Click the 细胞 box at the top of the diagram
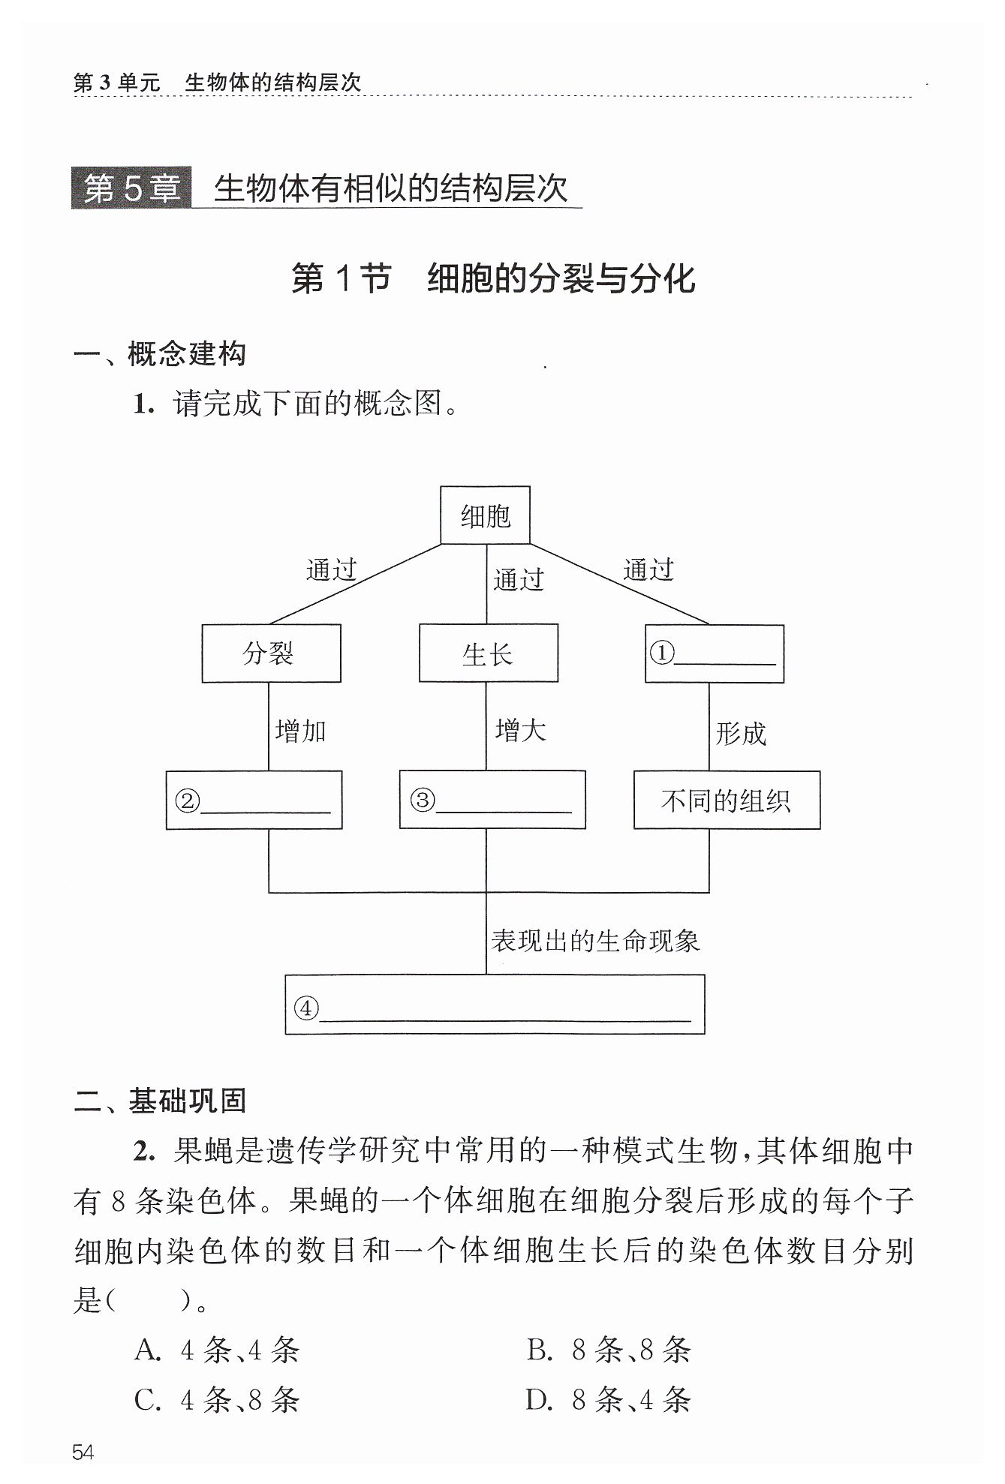pyautogui.click(x=485, y=515)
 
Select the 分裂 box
pyautogui.click(x=271, y=653)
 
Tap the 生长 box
pyautogui.click(x=488, y=653)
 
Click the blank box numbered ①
pyautogui.click(x=715, y=653)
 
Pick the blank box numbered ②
pyautogui.click(x=254, y=800)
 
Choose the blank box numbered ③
pyautogui.click(x=492, y=800)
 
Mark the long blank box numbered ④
pyautogui.click(x=495, y=1004)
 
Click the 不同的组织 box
pyautogui.click(x=727, y=800)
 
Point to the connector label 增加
pyautogui.click(x=300, y=730)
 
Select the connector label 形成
pyautogui.click(x=741, y=733)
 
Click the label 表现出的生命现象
pyautogui.click(x=595, y=940)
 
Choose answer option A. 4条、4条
pyautogui.click(x=217, y=1350)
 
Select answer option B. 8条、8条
pyautogui.click(x=609, y=1350)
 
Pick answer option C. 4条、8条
pyautogui.click(x=217, y=1400)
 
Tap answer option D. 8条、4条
pyautogui.click(x=609, y=1400)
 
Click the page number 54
pyautogui.click(x=83, y=1452)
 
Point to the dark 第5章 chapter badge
pyautogui.click(x=131, y=188)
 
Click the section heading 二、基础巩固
pyautogui.click(x=160, y=1101)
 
